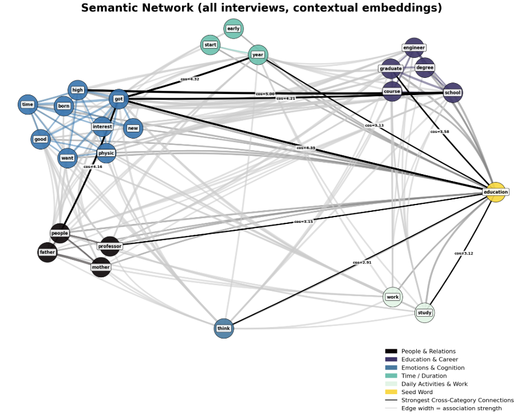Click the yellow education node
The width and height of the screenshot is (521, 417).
496,192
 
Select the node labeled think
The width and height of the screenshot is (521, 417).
224,328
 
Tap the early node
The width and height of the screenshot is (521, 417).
233,29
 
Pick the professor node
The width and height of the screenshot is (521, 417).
110,246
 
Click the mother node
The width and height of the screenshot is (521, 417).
101,267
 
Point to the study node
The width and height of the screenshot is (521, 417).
424,313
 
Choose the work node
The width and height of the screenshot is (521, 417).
393,297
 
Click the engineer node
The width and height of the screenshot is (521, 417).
414,48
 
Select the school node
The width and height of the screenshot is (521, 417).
452,93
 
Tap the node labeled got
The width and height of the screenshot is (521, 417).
119,99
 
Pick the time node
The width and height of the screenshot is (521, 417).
27,105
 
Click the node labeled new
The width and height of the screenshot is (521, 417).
133,128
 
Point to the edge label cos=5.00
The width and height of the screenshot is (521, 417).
266,93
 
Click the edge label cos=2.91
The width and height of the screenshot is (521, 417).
362,262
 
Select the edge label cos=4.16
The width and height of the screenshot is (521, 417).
92,167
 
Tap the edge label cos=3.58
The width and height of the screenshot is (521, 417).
440,131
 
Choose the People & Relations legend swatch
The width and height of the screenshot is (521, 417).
391,351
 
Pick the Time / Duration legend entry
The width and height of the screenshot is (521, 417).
424,376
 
